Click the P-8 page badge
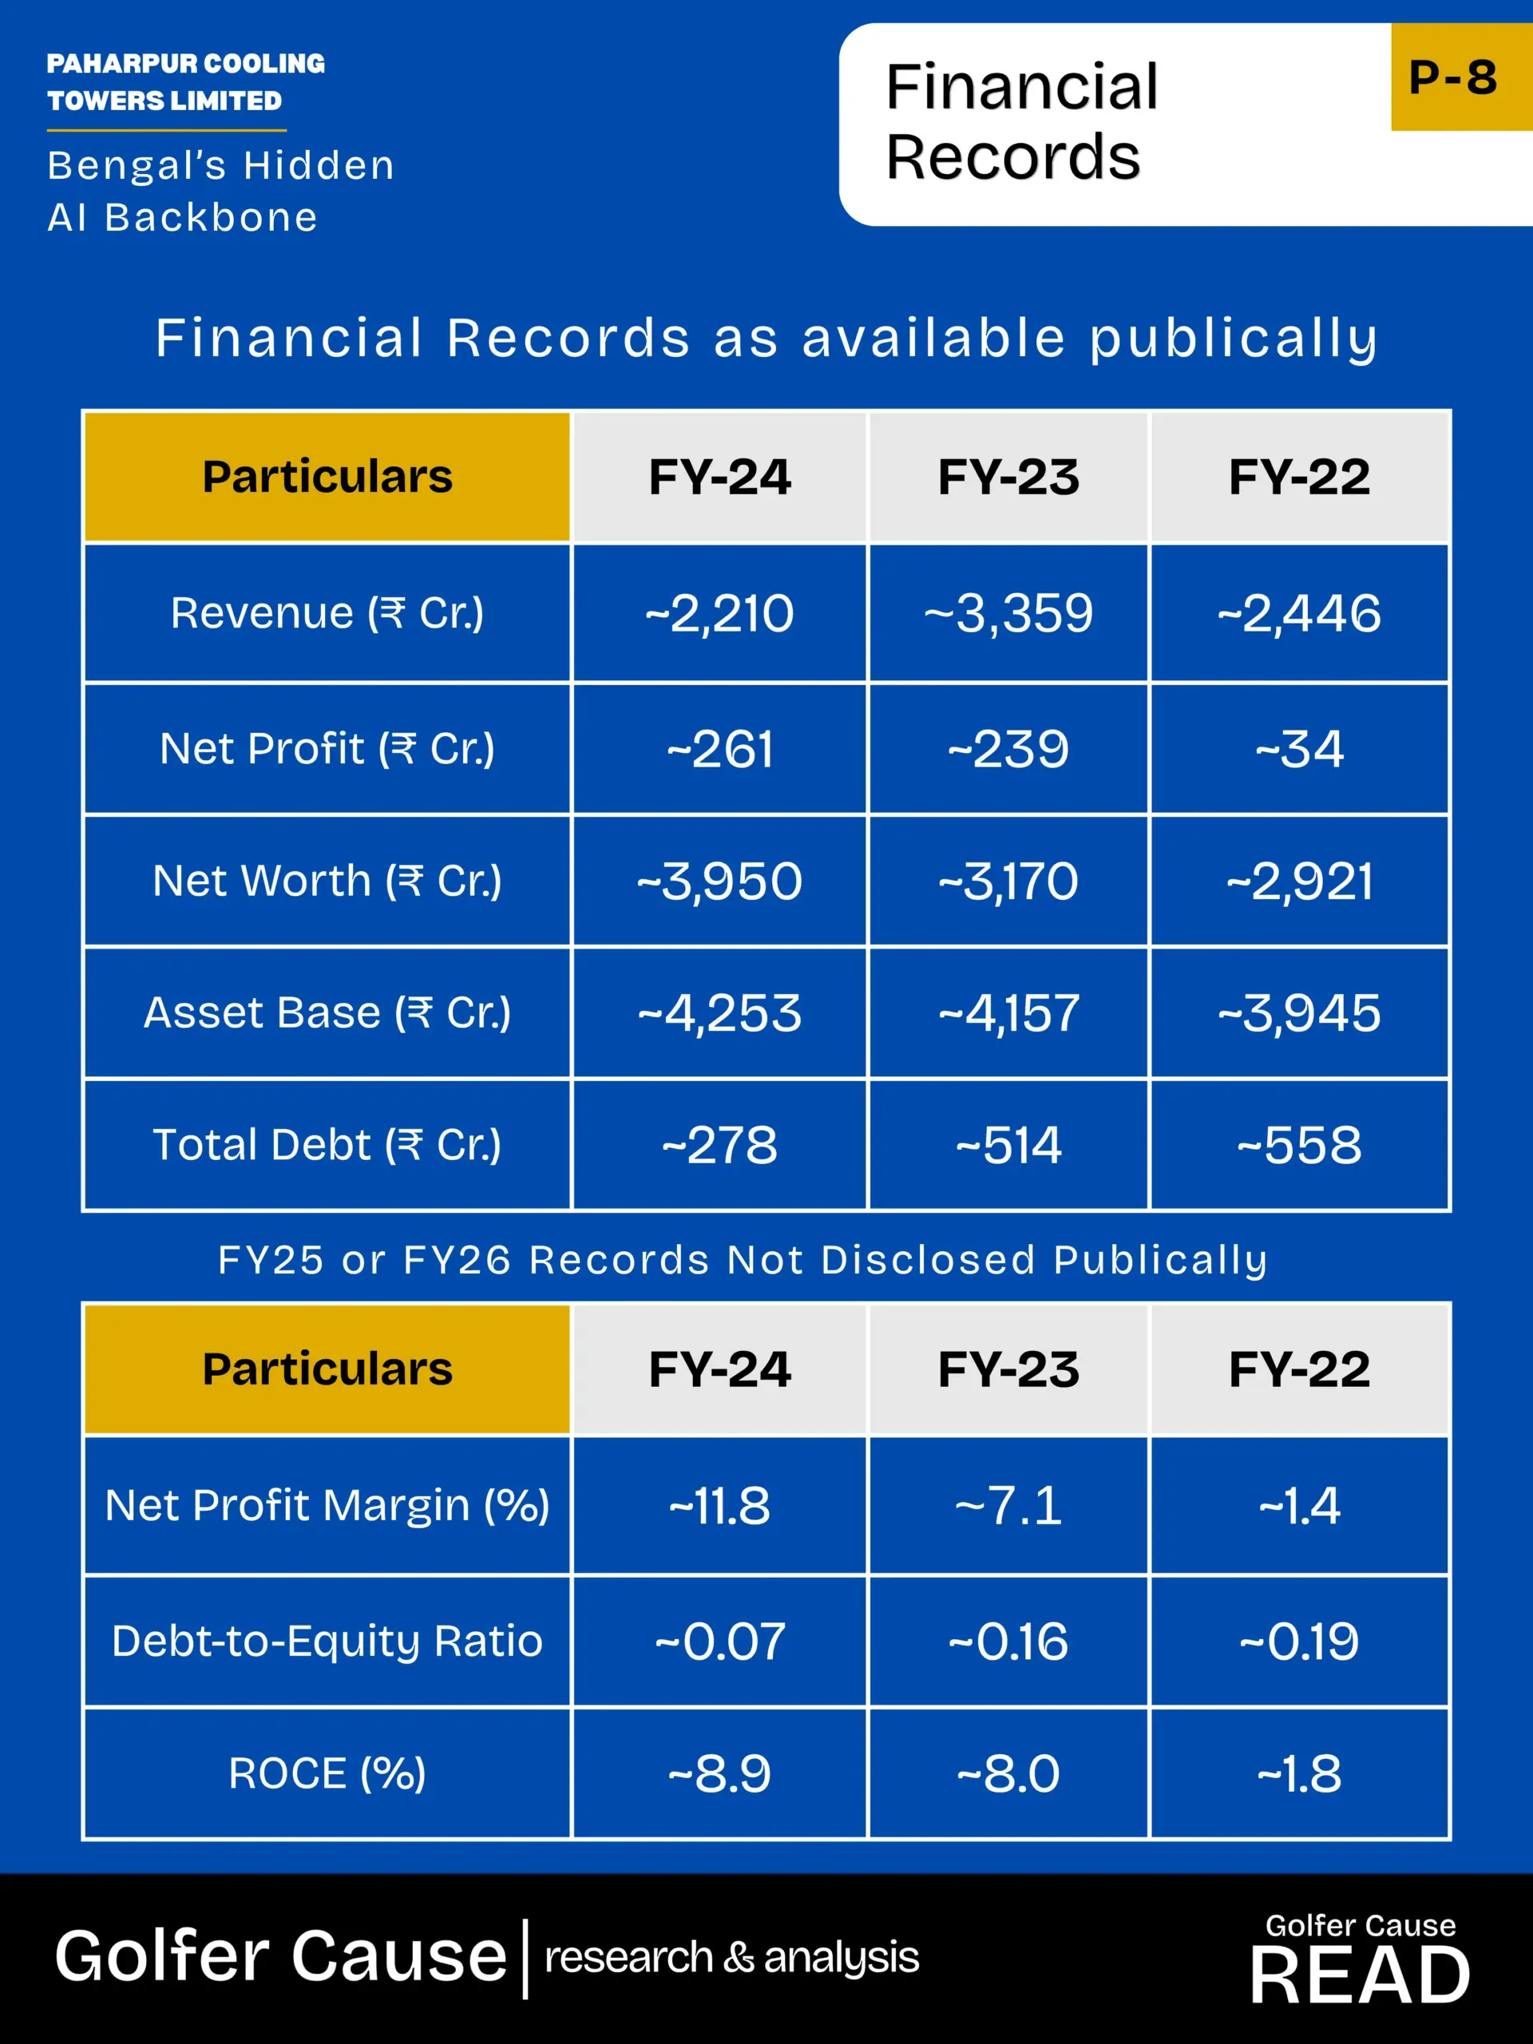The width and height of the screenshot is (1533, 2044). (x=1452, y=77)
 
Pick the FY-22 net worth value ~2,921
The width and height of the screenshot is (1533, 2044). (x=1299, y=881)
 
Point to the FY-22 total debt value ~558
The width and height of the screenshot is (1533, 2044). (x=1299, y=1145)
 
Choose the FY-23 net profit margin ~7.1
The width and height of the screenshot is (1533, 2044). (x=1008, y=1506)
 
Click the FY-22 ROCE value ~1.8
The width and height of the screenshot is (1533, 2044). (x=1299, y=1773)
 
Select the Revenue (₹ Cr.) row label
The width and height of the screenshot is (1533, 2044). (x=327, y=612)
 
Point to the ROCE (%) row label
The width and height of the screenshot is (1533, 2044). (x=327, y=1773)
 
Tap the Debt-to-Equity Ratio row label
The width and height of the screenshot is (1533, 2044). (x=327, y=1641)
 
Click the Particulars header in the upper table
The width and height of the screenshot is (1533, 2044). (x=327, y=477)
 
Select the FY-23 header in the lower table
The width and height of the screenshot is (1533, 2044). (x=1008, y=1369)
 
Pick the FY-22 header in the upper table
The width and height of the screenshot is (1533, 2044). (x=1299, y=477)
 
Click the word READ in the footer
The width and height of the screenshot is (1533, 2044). (x=1361, y=1975)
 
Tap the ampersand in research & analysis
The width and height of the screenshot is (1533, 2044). (x=739, y=1956)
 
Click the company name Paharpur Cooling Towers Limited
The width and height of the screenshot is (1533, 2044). (x=186, y=81)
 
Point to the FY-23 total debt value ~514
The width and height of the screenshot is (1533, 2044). (x=1008, y=1145)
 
